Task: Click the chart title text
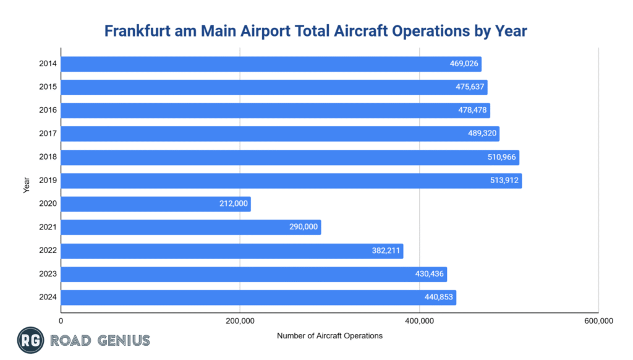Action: (x=316, y=30)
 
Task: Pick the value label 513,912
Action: (x=504, y=181)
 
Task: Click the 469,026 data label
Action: (x=464, y=64)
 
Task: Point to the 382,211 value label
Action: (x=385, y=251)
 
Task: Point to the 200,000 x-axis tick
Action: (x=240, y=320)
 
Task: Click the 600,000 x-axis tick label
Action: (x=598, y=320)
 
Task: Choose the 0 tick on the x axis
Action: (x=61, y=320)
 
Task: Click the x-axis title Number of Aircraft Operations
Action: (x=329, y=336)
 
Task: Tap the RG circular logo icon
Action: (x=28, y=340)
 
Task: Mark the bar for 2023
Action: (x=253, y=274)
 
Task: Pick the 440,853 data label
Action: (x=438, y=298)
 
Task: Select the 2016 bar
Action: (x=275, y=110)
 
